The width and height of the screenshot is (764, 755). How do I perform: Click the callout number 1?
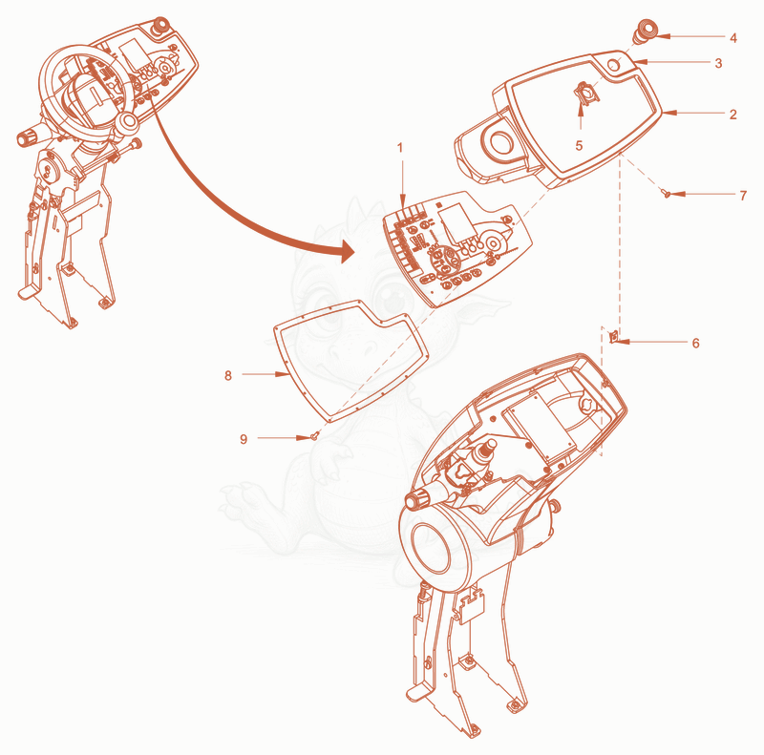[400, 147]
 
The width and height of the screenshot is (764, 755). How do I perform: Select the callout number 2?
[732, 114]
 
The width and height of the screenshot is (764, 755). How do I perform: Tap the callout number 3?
[718, 63]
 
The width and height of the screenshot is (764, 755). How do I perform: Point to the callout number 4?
[732, 37]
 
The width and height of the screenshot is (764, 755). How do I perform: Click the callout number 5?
[579, 145]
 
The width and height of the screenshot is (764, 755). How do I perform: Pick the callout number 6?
[696, 343]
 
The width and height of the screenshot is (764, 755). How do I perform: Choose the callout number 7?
[743, 196]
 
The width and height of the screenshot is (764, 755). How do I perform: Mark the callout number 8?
[228, 375]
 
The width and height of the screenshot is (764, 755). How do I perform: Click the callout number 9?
[244, 439]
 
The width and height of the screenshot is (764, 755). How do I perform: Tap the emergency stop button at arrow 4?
[645, 31]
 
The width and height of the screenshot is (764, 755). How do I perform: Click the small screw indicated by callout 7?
[666, 194]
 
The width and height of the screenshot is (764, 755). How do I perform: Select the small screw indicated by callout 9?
[314, 436]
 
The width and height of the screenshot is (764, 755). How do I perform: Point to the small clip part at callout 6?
[614, 336]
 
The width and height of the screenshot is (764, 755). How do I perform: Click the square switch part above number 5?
[587, 92]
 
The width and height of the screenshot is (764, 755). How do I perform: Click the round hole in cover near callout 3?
[615, 64]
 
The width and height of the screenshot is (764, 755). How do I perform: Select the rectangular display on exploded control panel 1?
[457, 222]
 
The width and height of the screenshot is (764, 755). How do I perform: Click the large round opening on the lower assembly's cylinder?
[431, 548]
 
